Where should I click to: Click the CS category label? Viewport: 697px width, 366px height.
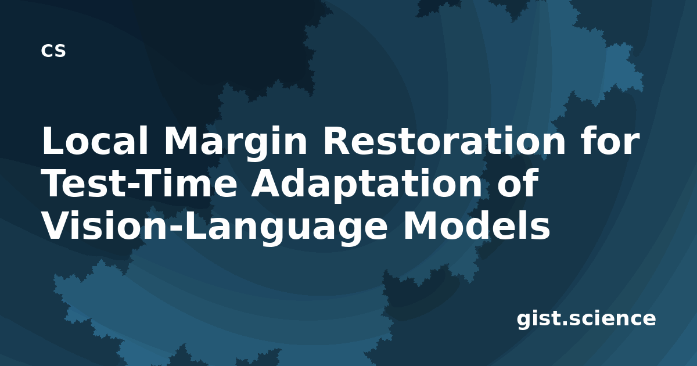pos(53,51)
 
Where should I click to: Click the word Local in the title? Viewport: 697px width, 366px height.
pos(95,140)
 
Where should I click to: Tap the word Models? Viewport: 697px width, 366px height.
pos(477,225)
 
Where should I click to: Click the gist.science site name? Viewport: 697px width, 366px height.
pos(586,320)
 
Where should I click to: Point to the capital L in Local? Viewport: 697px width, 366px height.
pos(53,140)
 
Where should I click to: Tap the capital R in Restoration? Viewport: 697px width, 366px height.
pos(337,140)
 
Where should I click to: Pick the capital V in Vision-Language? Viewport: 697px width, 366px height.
pos(58,225)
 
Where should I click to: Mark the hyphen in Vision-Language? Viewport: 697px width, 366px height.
pos(176,229)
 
